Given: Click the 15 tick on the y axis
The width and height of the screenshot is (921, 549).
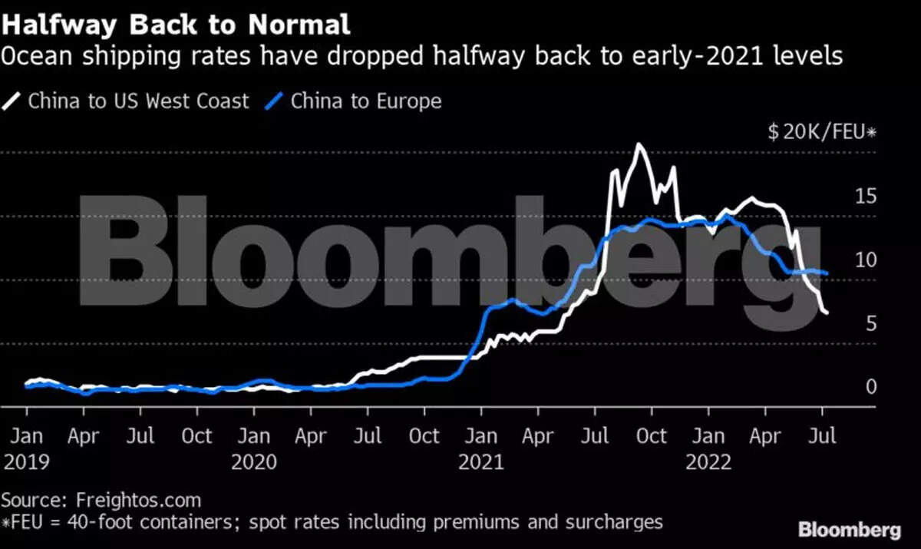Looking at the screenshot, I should (x=866, y=196).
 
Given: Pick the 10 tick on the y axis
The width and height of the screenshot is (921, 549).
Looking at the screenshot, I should (x=866, y=260).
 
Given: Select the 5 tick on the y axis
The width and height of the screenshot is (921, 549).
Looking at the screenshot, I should (x=870, y=323).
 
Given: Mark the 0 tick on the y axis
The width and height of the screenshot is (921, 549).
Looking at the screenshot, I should (x=870, y=386).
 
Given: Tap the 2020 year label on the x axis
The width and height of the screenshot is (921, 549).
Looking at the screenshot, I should (x=253, y=461).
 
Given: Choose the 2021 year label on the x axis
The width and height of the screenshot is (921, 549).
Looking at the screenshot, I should (x=480, y=461).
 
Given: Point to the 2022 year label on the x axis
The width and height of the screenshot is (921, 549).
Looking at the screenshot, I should (x=708, y=461).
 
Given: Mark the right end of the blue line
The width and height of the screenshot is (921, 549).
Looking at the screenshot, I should (x=827, y=273).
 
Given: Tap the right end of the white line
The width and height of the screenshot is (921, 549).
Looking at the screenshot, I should (x=826, y=313).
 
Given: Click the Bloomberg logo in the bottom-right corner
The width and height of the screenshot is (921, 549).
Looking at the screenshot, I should (x=850, y=530).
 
